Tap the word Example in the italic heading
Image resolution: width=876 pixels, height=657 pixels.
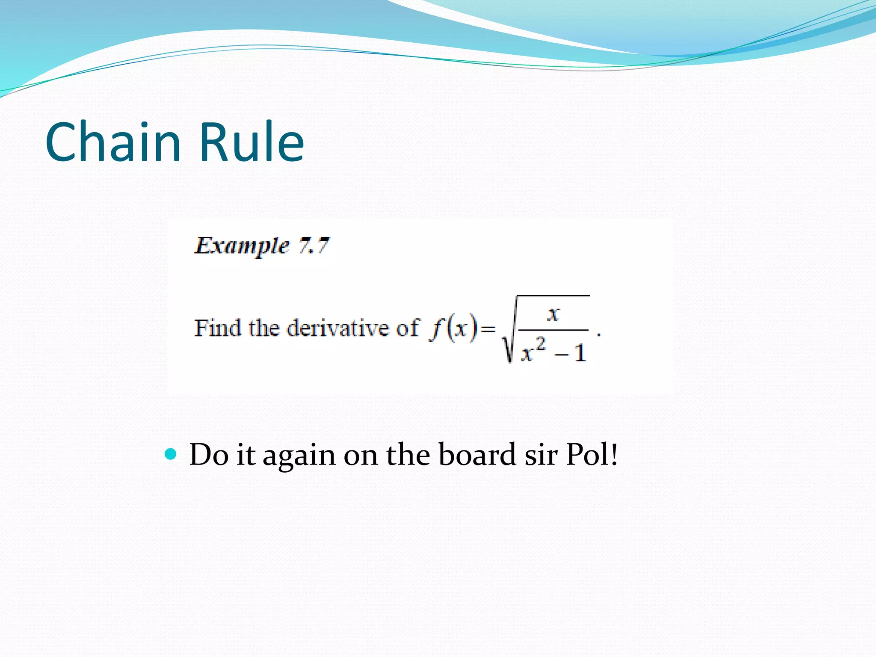coord(242,246)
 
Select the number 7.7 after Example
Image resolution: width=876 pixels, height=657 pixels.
coord(314,246)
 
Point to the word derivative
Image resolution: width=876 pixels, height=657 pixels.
coord(338,328)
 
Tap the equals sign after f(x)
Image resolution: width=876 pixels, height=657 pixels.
coord(488,329)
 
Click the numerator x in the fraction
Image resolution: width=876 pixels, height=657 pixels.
coord(553,314)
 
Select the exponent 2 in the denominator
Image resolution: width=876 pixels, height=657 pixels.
coord(541,343)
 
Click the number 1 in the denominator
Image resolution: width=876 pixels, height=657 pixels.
coord(580,354)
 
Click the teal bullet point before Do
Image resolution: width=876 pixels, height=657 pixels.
coord(170,454)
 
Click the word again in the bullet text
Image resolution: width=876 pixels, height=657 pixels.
coord(299,455)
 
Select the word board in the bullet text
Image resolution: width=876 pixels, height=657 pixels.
coord(477,454)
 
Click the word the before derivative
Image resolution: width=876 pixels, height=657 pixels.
coord(264,328)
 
